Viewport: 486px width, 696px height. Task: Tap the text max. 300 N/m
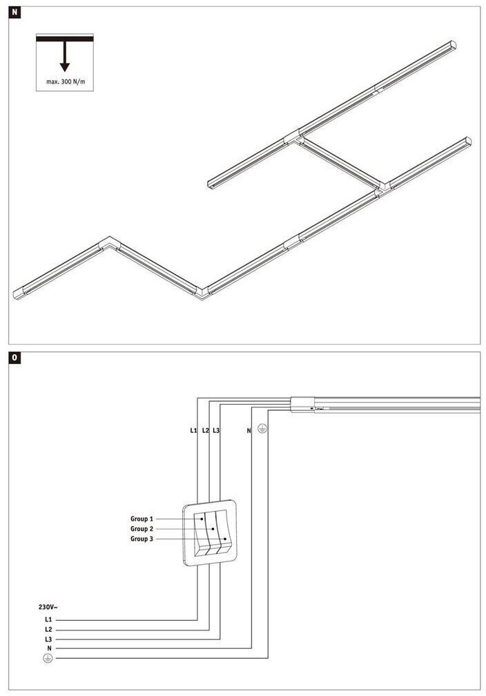pyautogui.click(x=65, y=81)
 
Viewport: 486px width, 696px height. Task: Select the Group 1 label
pyautogui.click(x=142, y=519)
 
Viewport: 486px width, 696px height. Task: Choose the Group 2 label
pyautogui.click(x=142, y=528)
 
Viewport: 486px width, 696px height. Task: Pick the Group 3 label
pyautogui.click(x=142, y=539)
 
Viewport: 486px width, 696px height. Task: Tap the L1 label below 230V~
pyautogui.click(x=48, y=620)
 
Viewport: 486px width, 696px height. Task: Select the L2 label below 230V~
pyautogui.click(x=48, y=630)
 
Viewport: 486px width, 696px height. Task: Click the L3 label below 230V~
pyautogui.click(x=48, y=639)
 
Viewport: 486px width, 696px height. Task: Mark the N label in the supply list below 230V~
pyautogui.click(x=48, y=649)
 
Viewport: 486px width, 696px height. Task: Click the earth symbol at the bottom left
pyautogui.click(x=48, y=659)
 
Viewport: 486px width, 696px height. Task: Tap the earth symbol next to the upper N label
pyautogui.click(x=262, y=429)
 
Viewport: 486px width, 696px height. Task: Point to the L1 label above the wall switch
pyautogui.click(x=194, y=431)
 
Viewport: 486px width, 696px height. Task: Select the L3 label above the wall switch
pyautogui.click(x=216, y=431)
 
